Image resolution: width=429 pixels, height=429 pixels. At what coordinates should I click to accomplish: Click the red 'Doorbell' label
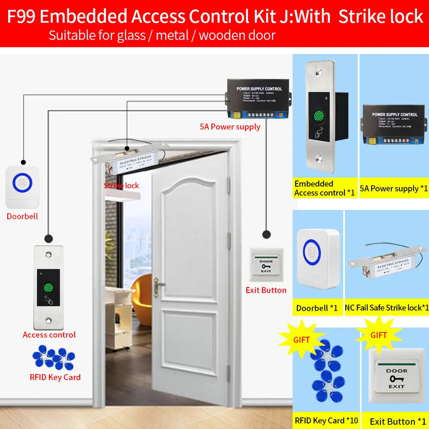(22, 216)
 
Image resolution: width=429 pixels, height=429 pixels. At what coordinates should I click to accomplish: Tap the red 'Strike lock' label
(121, 185)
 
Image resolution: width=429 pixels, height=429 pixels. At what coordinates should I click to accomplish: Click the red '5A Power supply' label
(230, 127)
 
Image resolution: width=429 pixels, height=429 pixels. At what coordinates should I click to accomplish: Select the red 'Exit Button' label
(266, 290)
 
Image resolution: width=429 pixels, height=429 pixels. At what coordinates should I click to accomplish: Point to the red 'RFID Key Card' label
(55, 377)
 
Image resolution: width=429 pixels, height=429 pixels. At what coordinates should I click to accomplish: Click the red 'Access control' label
(49, 335)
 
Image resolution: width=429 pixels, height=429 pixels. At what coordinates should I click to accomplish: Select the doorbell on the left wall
(22, 187)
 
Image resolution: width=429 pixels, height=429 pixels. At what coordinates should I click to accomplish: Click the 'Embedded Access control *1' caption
(325, 188)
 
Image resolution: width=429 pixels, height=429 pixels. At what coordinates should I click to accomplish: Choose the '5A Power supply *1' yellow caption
(394, 188)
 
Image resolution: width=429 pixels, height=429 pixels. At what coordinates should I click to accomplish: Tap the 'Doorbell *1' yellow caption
(317, 308)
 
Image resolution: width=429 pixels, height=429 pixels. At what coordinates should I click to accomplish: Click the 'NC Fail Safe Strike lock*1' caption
(387, 308)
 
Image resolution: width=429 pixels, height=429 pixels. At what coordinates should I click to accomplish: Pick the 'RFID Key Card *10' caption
(326, 420)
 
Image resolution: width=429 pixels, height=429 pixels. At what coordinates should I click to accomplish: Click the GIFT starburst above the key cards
(301, 340)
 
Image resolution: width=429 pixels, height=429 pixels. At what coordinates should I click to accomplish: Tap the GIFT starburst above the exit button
(379, 335)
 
